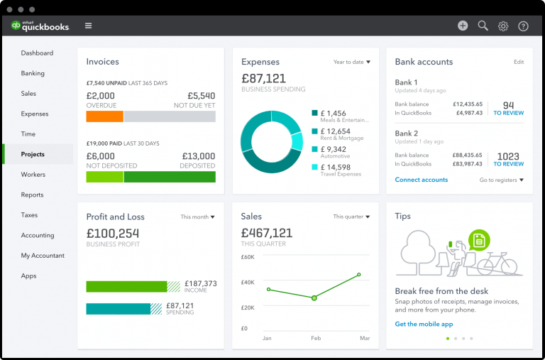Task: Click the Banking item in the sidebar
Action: point(33,73)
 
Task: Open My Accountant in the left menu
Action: point(43,256)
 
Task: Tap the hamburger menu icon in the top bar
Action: point(88,26)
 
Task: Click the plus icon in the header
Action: point(463,26)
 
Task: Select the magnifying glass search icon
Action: point(483,26)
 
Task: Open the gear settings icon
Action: point(503,26)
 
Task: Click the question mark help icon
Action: point(523,26)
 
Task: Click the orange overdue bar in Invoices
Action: point(104,116)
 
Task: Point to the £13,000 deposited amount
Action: point(198,156)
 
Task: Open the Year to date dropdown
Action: point(352,62)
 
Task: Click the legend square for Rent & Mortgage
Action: point(315,131)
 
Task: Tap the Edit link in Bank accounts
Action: point(519,62)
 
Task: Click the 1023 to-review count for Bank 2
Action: point(508,157)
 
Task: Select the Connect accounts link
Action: point(422,180)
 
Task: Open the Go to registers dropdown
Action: point(501,180)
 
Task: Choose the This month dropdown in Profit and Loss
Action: point(197,217)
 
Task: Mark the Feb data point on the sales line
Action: point(314,298)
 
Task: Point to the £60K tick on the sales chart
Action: point(248,257)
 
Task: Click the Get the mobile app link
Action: point(424,324)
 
